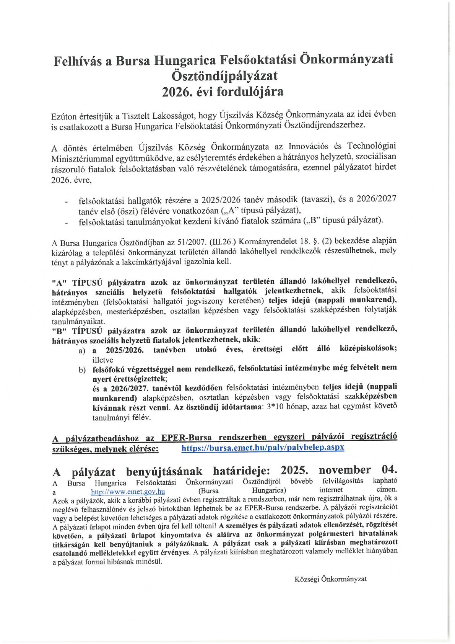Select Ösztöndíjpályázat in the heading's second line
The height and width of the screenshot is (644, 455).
click(224, 76)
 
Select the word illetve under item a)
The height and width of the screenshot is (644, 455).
click(103, 360)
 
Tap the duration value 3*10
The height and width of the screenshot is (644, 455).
click(275, 407)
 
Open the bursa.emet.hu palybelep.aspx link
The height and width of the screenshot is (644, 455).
click(263, 448)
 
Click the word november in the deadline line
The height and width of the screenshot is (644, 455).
click(344, 470)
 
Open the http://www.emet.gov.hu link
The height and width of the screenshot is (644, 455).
click(128, 492)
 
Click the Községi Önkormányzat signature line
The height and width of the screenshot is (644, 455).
click(330, 579)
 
